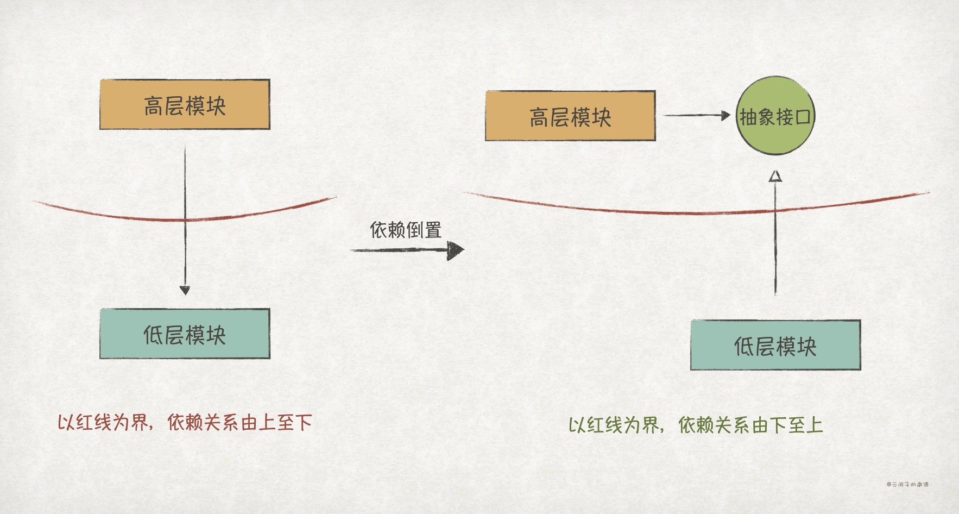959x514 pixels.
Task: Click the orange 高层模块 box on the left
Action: [x=185, y=104]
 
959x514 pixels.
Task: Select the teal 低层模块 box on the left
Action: [x=185, y=334]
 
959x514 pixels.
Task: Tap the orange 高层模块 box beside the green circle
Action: [x=570, y=116]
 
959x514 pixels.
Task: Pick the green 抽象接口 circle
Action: [x=775, y=116]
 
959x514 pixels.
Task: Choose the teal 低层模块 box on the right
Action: [x=775, y=345]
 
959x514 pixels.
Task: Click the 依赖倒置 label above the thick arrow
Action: [x=406, y=230]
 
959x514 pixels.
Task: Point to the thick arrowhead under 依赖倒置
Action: [x=456, y=250]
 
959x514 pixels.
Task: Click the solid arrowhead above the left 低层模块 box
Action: [x=185, y=290]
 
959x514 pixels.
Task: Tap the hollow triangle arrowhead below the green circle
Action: [x=775, y=175]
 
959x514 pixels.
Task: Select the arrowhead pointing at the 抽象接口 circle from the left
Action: [x=725, y=115]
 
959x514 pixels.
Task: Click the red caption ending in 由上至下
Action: [x=185, y=422]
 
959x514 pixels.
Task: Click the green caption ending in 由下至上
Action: [x=696, y=425]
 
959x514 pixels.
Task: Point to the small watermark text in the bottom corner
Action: [x=907, y=484]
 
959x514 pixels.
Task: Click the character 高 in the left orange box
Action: [x=154, y=106]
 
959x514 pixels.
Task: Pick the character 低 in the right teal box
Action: [x=745, y=347]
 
